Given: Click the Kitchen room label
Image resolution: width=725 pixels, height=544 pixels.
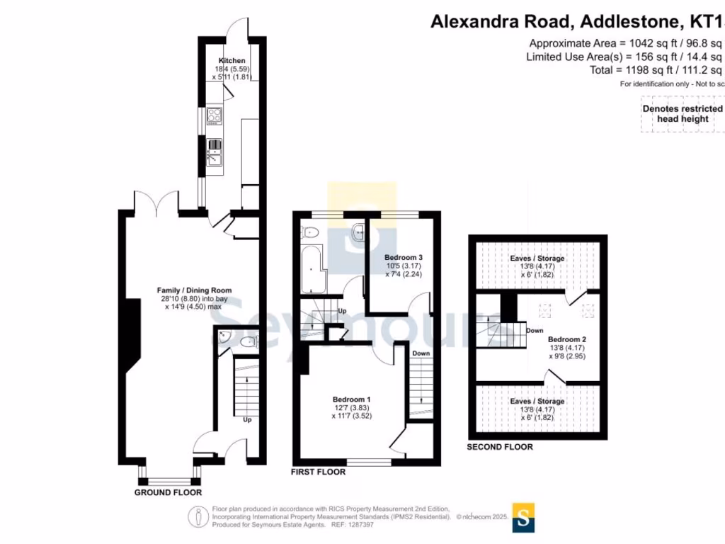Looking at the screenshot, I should (x=232, y=61).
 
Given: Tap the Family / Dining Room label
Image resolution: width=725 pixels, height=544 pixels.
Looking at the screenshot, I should (x=194, y=290).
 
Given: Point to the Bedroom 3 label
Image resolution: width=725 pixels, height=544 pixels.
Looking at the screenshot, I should (x=404, y=257).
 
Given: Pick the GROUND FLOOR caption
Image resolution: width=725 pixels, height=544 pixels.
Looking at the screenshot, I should (x=169, y=492).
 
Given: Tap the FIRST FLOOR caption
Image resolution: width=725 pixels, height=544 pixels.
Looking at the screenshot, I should (x=319, y=472).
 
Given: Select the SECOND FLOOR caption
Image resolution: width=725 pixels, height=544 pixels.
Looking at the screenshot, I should (x=500, y=447).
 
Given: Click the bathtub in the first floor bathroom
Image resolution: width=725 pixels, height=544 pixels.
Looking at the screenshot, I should (x=311, y=270).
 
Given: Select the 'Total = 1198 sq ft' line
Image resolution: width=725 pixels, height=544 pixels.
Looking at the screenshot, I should (x=655, y=70).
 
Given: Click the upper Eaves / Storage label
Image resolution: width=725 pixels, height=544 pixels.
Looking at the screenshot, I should (x=537, y=259).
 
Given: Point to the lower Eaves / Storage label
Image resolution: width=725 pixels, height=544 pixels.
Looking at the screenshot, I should (x=537, y=402).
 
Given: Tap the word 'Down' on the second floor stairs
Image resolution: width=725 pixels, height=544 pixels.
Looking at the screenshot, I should (x=535, y=331).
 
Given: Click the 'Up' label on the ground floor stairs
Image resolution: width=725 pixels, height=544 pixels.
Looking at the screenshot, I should (x=247, y=419).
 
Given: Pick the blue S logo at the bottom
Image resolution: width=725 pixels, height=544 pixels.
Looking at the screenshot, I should (x=523, y=517).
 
